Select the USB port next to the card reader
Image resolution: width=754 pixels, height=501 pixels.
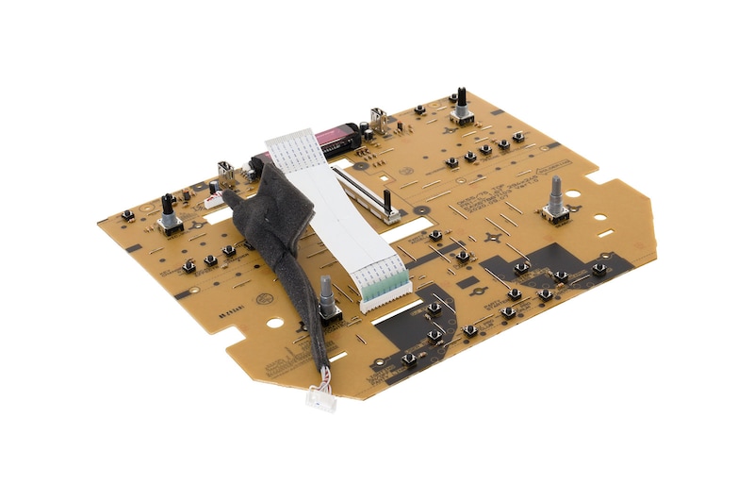380,119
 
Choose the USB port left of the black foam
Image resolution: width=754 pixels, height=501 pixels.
227,173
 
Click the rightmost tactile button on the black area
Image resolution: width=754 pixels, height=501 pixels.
598,268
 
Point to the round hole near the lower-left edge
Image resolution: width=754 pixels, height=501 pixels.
273,322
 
